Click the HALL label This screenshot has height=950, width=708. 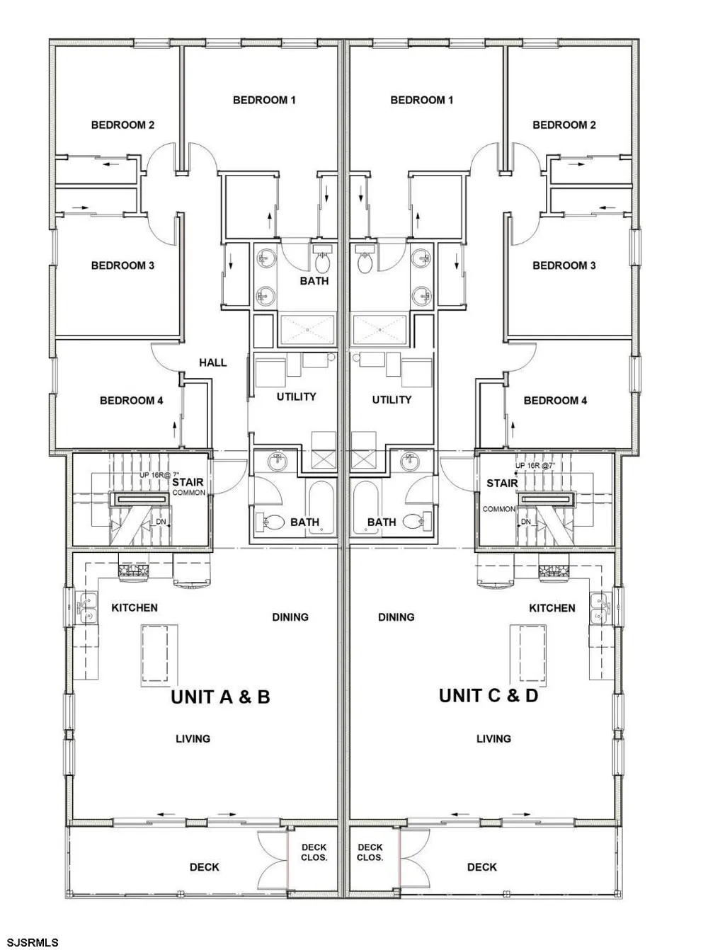pyautogui.click(x=212, y=362)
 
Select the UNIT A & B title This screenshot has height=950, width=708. pyautogui.click(x=220, y=697)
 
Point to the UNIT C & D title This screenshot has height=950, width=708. pyautogui.click(x=488, y=696)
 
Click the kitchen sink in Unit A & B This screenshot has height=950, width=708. pyautogui.click(x=87, y=607)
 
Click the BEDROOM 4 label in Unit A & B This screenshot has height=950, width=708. pyautogui.click(x=131, y=401)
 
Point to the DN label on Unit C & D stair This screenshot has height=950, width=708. pyautogui.click(x=526, y=522)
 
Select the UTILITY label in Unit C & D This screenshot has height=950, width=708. pyautogui.click(x=392, y=400)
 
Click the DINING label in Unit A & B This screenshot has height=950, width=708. pyautogui.click(x=290, y=617)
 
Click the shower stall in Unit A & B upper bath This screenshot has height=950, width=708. pyautogui.click(x=307, y=330)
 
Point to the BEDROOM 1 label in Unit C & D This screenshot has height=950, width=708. pyautogui.click(x=421, y=101)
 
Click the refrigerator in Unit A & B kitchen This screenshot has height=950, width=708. pyautogui.click(x=193, y=569)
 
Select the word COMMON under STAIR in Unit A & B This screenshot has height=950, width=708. pyautogui.click(x=189, y=493)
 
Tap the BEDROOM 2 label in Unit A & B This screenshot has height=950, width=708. pyautogui.click(x=122, y=125)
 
